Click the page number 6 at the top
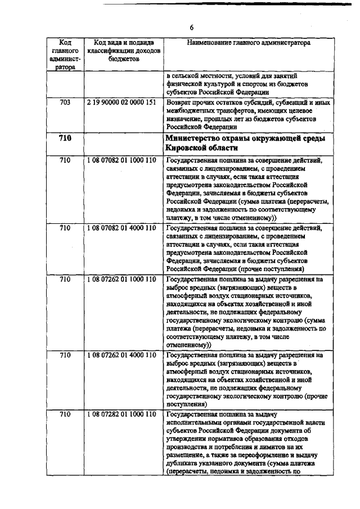click(x=191, y=27)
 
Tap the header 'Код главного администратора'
click(x=65, y=54)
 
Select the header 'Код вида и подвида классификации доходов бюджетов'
click(x=121, y=50)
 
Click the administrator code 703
click(x=65, y=103)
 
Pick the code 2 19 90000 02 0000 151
click(x=121, y=103)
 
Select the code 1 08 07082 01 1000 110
click(x=121, y=160)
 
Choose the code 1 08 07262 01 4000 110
click(x=121, y=356)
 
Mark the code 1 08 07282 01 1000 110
click(x=121, y=415)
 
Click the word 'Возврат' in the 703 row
click(x=181, y=103)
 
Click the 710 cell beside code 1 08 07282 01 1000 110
click(x=65, y=415)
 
